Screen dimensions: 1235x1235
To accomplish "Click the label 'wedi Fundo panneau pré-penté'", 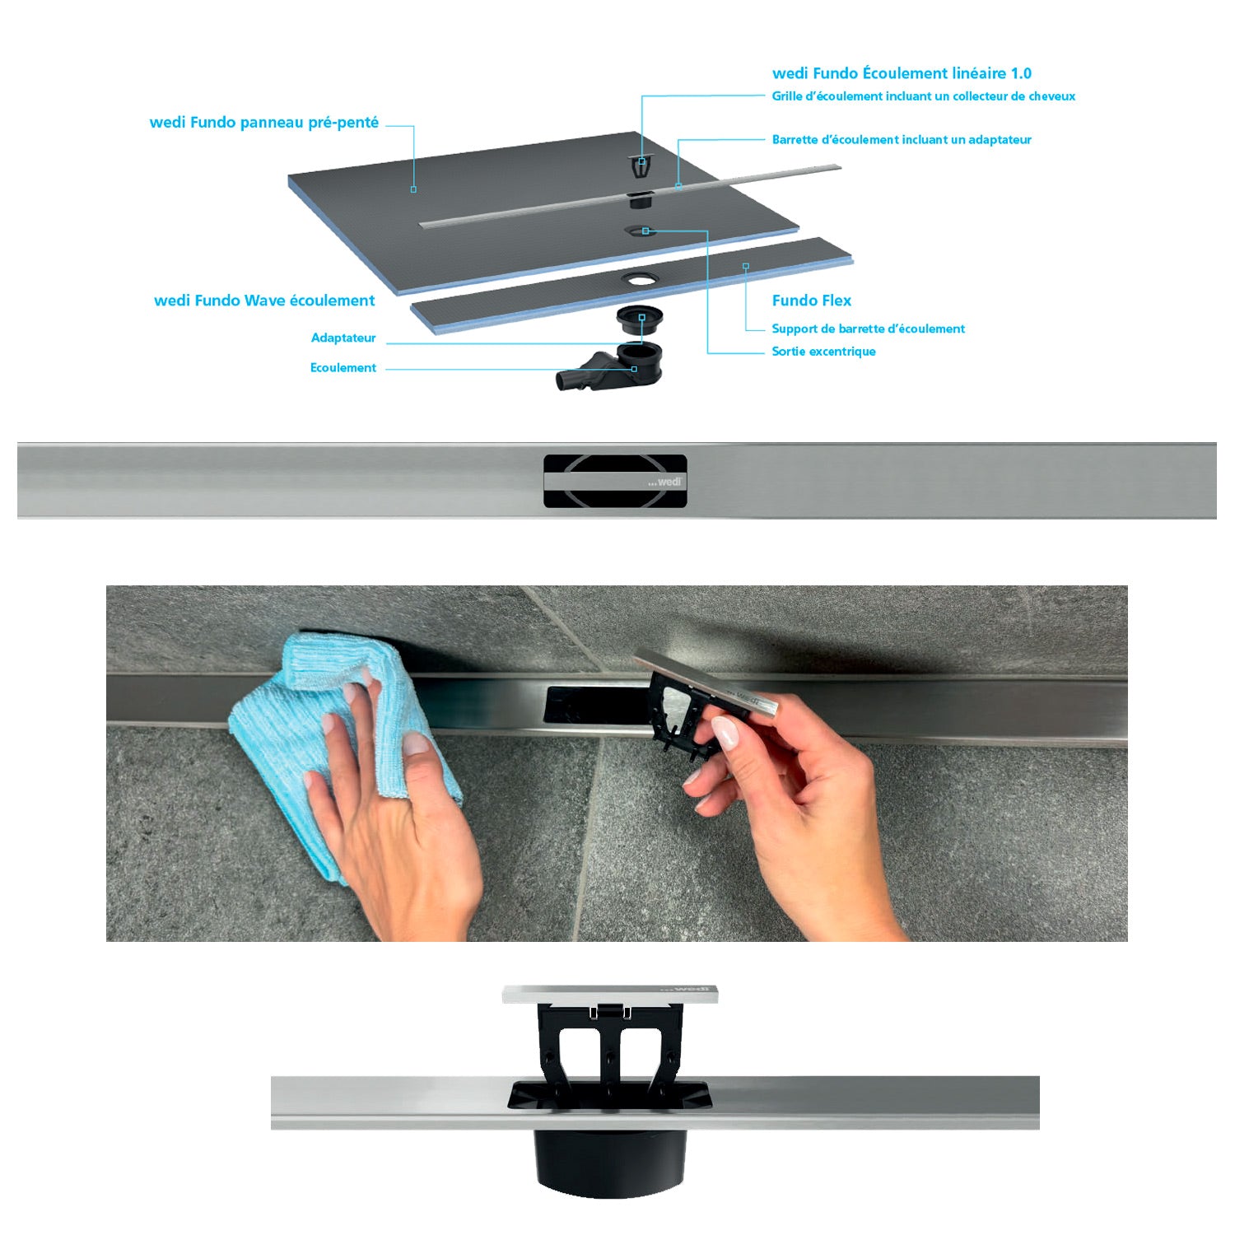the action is tap(264, 123).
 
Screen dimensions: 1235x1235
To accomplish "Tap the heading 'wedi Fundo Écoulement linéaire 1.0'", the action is tap(902, 73).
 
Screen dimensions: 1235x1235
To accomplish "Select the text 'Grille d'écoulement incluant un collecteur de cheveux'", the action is tap(923, 96).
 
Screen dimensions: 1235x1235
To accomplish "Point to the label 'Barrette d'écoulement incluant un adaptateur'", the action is tap(902, 140).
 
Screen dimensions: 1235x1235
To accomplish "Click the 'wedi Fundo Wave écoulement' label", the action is tap(264, 301).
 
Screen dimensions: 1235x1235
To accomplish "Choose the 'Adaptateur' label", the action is tap(343, 338).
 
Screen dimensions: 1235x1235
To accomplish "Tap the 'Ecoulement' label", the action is tap(343, 368).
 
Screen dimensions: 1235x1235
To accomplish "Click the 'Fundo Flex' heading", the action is tap(812, 301).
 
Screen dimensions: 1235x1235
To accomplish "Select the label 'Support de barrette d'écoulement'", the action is tap(868, 329).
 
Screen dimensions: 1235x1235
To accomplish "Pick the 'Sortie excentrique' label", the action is tap(823, 352).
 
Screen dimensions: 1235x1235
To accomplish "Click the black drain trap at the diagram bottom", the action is tap(610, 366).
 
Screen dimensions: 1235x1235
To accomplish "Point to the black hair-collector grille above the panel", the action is tap(641, 167).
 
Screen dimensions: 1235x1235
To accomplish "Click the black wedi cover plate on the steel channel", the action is tap(615, 481).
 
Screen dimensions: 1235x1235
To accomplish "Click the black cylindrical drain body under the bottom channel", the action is tap(610, 1161).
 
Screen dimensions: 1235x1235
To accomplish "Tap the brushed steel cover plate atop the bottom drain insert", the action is tap(610, 994).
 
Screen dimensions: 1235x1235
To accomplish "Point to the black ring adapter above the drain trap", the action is tap(641, 317).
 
